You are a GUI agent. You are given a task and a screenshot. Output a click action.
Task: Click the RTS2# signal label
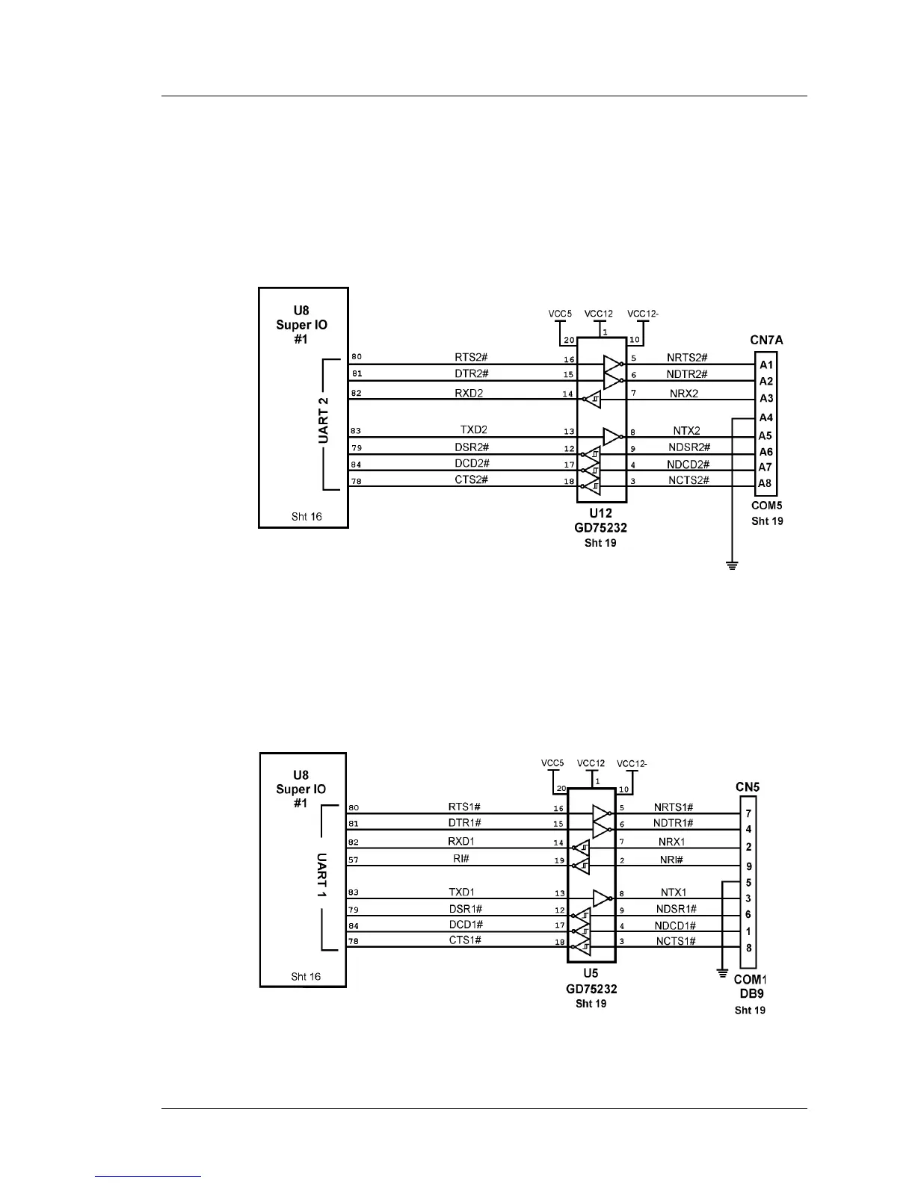(472, 357)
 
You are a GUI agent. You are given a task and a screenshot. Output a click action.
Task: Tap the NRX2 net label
(685, 393)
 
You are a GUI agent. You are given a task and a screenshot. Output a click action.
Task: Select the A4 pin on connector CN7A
(766, 417)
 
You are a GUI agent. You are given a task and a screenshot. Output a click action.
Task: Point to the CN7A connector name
(766, 340)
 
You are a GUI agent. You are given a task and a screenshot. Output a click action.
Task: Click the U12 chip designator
(600, 514)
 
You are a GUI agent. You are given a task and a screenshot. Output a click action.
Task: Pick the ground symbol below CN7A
(732, 565)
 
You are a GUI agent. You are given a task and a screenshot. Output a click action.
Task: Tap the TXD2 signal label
(474, 429)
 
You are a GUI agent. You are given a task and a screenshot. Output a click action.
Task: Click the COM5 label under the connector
(767, 506)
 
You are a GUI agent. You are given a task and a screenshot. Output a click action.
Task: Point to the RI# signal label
(461, 859)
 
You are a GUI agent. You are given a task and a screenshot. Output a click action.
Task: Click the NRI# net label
(672, 860)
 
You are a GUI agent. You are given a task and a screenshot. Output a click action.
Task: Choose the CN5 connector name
(748, 787)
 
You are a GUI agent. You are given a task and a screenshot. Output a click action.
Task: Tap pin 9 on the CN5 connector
(748, 867)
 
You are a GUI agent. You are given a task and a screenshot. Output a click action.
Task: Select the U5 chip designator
(591, 973)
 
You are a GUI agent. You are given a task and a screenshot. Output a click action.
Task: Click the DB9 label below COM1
(750, 994)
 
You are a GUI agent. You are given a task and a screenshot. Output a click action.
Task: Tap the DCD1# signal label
(465, 925)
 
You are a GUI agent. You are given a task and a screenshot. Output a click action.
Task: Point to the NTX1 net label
(674, 892)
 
